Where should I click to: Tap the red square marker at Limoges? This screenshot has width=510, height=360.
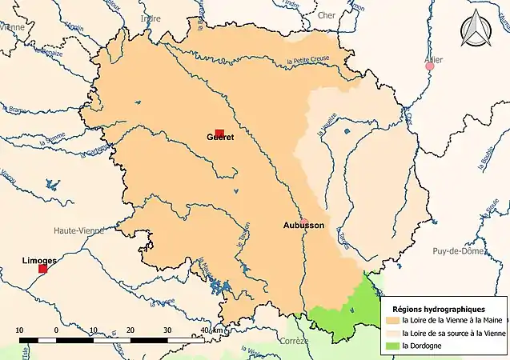click(42, 269)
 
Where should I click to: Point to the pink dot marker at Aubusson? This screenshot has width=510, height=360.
click(304, 222)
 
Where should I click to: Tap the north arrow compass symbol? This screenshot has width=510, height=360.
click(478, 31)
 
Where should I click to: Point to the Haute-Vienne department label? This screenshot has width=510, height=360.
click(78, 230)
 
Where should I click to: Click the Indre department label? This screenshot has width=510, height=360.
click(150, 18)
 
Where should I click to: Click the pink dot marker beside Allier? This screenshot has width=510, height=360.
click(430, 66)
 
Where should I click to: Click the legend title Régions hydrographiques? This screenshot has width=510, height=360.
click(440, 309)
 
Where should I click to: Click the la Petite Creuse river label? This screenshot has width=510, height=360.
click(308, 62)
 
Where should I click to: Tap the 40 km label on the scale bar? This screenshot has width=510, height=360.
click(211, 330)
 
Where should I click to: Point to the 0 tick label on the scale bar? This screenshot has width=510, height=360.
click(56, 330)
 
